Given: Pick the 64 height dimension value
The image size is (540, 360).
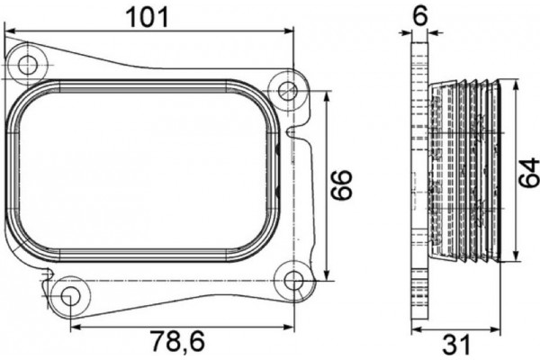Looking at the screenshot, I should click(530, 171).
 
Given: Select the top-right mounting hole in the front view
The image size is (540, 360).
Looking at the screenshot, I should click(289, 90).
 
